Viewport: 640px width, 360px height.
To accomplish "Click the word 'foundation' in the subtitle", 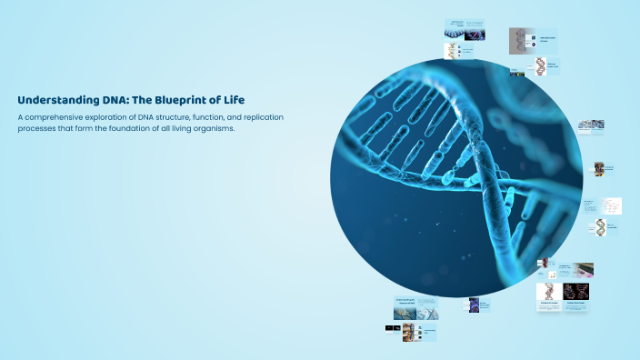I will [154, 128].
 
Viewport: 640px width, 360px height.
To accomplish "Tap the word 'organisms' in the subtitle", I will [238, 128].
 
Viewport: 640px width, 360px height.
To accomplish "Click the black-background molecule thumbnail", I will [576, 292].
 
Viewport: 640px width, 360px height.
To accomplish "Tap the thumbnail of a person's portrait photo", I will [544, 264].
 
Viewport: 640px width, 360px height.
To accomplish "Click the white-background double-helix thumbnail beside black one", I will [548, 292].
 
